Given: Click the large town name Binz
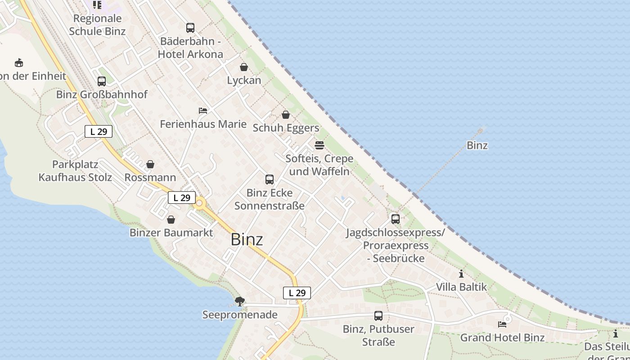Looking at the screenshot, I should coord(247,239).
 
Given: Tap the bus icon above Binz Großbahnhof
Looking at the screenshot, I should coord(102,81).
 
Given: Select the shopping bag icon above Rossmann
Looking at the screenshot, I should coord(150,164).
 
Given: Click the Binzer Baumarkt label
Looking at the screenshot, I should coord(171,233).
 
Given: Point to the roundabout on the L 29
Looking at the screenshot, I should coord(199,203).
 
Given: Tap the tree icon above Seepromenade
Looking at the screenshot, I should coord(240,301).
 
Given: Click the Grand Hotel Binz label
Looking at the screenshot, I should coord(502,337).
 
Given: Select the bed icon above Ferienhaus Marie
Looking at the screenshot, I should coord(203,111).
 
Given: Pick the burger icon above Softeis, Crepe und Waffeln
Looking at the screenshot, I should coord(319,145).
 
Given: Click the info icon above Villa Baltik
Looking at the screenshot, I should coord(461,274).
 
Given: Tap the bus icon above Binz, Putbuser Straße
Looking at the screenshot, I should coord(378,316).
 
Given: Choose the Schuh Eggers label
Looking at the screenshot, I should coord(286,128).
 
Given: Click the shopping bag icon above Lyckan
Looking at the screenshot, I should coord(244,67).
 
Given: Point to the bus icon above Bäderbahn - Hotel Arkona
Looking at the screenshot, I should coord(190,28).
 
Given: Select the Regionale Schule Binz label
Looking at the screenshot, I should coord(97,25).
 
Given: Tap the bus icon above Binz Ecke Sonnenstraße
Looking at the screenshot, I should coord(270,180).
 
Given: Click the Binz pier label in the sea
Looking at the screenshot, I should coord(477,145).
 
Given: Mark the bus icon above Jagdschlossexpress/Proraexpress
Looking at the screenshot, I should coord(396,219).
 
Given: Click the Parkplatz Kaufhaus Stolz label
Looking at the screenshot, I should coord(75,171).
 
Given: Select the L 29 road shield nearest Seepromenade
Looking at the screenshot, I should coord(297,293).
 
